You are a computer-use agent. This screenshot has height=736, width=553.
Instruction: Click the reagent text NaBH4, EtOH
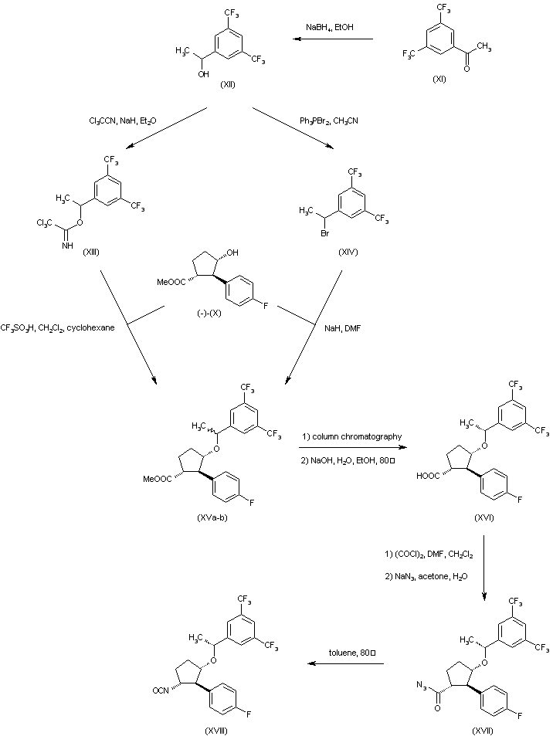[x=331, y=29]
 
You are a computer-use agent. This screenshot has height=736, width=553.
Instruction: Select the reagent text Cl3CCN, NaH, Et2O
[x=122, y=121]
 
